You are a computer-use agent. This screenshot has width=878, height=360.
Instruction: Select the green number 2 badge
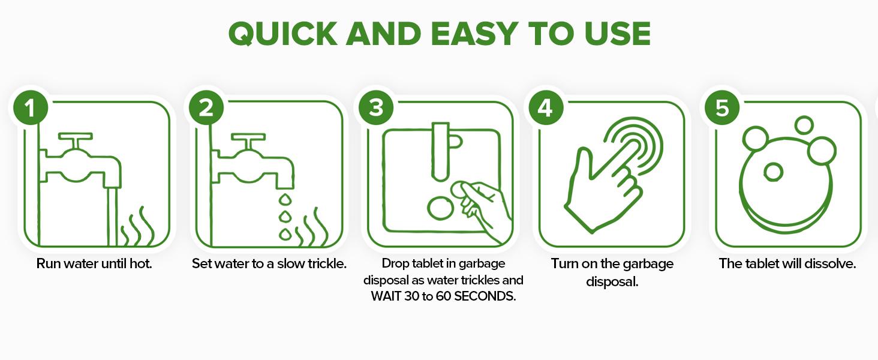[x=206, y=109]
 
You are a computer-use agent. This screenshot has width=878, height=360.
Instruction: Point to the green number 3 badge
[x=375, y=109]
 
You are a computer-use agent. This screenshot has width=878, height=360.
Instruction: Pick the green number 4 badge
[x=545, y=109]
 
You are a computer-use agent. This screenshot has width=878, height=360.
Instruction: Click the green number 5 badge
[x=721, y=109]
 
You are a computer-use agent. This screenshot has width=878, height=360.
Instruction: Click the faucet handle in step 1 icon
[x=75, y=137]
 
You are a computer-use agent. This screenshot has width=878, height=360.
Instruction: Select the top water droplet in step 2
[x=285, y=199]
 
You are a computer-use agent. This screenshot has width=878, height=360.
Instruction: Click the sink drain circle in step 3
[x=441, y=208]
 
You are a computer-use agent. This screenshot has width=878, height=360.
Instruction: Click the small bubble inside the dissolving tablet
[x=772, y=172]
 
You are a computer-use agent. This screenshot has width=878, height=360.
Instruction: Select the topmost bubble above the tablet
[x=803, y=125]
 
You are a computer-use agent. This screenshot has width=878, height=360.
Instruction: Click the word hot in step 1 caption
[x=140, y=264]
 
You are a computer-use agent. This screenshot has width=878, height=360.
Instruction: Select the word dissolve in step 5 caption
[x=832, y=264]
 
